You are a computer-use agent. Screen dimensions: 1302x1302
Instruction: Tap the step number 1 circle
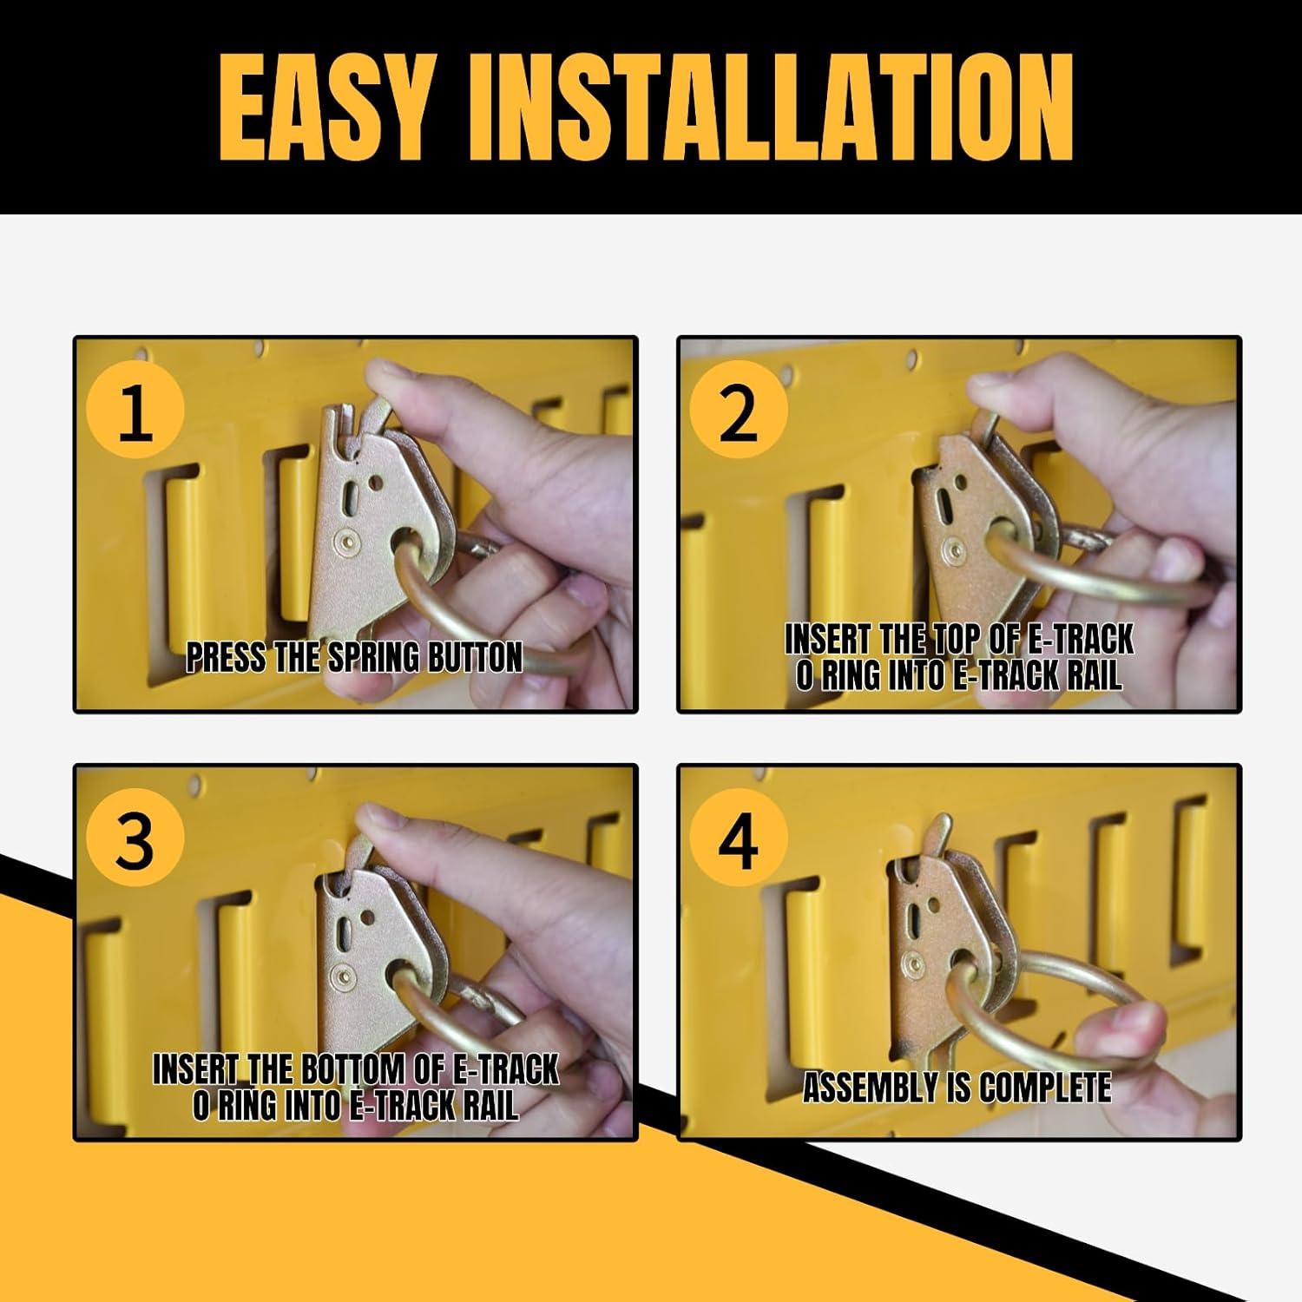point(135,412)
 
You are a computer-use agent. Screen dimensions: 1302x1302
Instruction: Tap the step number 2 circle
point(738,412)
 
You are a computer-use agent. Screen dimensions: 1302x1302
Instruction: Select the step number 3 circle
point(135,839)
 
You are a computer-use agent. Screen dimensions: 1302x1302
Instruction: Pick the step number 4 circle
point(738,839)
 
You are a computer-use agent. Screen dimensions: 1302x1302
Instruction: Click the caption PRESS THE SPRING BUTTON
point(354,658)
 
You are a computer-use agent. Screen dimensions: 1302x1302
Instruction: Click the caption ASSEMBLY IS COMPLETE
point(957,1088)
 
